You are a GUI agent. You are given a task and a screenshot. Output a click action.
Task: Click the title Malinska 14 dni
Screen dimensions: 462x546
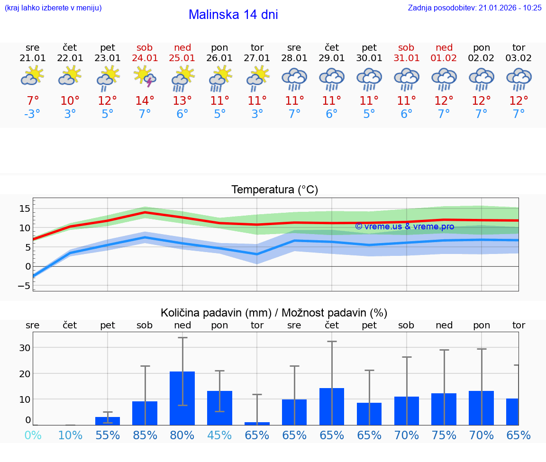[x=233, y=15]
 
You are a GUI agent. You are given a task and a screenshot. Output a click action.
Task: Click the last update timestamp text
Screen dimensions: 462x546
[x=474, y=8]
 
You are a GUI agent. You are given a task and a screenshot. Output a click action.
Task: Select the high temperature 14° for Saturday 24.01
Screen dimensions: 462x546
[x=145, y=100]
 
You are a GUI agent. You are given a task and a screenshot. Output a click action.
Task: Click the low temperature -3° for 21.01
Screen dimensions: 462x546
[x=33, y=114]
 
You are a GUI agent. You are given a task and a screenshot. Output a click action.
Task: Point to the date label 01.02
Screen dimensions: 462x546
[x=444, y=58]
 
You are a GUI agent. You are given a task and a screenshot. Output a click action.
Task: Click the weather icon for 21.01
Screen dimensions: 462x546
[x=33, y=76]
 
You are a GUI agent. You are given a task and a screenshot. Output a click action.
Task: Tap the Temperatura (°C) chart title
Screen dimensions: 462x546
[x=274, y=190]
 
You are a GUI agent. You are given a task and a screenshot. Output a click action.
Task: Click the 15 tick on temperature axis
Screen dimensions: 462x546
[x=25, y=208]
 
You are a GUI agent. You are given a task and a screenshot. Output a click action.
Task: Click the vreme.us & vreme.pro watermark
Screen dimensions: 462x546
[x=404, y=226]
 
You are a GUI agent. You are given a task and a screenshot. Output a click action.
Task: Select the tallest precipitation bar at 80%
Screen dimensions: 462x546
[x=182, y=398]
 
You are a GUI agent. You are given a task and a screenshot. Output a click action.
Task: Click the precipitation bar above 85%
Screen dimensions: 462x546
[x=145, y=413]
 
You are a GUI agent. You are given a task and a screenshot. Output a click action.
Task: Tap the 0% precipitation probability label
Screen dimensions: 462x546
[x=33, y=435]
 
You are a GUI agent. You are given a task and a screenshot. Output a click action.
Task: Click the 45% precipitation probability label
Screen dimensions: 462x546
[x=219, y=435]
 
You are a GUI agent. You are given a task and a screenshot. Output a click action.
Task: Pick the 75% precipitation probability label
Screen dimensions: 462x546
[x=444, y=435]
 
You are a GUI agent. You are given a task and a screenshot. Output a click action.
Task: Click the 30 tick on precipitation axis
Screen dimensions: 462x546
[x=25, y=347]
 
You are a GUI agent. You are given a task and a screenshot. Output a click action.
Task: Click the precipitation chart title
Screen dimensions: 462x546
[x=274, y=313]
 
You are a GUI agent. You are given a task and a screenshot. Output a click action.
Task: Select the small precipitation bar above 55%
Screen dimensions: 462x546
[x=108, y=421]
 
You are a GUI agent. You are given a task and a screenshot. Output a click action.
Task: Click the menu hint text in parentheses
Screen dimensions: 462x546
[x=53, y=8]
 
